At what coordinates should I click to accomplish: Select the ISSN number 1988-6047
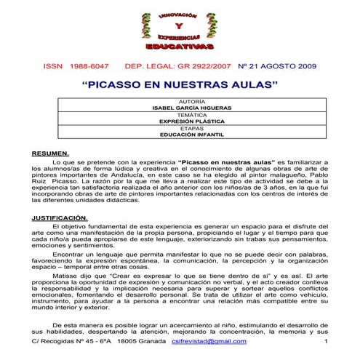[89, 65]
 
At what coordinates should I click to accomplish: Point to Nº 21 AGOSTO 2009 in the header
[277, 65]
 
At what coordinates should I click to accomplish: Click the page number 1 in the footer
[326, 341]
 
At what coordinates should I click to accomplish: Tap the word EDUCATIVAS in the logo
[180, 46]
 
